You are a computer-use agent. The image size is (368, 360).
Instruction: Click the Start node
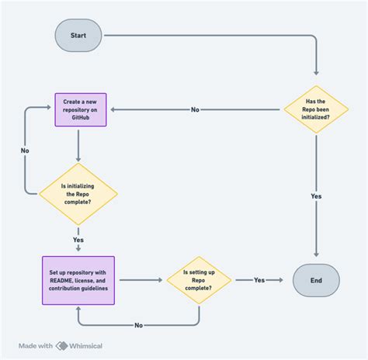[78, 35]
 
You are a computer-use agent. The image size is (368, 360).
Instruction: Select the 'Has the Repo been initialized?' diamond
[316, 109]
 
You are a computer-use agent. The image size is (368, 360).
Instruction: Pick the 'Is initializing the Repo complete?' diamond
[78, 193]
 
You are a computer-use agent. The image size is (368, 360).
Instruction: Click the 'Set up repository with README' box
[78, 280]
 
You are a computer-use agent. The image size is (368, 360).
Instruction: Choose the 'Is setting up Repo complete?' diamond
[200, 280]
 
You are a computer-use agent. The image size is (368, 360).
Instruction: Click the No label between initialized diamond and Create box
[195, 109]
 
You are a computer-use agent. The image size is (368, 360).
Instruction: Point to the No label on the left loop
[26, 151]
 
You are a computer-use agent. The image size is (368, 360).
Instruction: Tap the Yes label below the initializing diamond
[78, 240]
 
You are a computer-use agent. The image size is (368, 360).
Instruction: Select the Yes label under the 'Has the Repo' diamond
[316, 196]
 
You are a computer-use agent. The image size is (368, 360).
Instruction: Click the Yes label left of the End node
[259, 280]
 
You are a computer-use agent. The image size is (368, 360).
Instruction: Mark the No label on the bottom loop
[138, 324]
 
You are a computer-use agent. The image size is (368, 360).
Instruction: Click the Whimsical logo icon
[61, 346]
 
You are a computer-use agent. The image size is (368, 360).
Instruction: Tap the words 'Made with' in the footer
[36, 346]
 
